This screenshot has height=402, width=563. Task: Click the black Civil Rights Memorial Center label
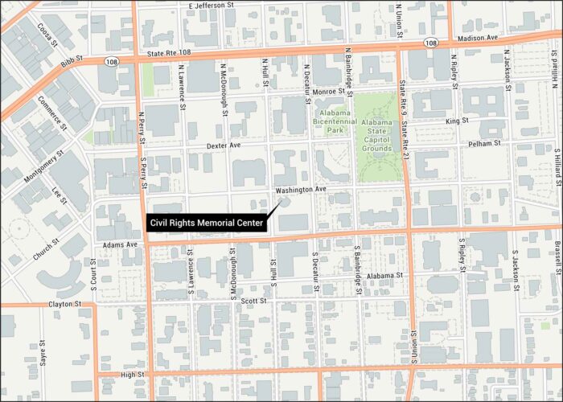(x=207, y=223)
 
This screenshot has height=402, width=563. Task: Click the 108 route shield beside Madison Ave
(x=432, y=42)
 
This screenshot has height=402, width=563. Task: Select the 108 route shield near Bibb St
(x=110, y=59)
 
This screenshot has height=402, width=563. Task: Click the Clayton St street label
(x=64, y=304)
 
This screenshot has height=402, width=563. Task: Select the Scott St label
(x=253, y=301)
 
